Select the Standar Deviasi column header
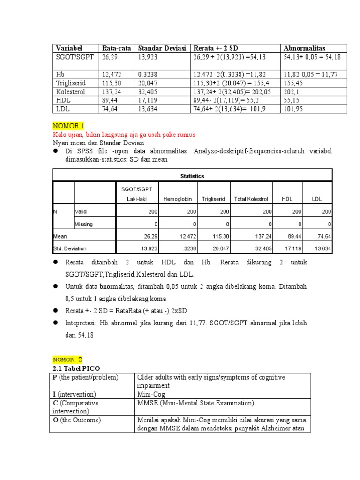click(161, 48)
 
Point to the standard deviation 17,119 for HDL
click(149, 100)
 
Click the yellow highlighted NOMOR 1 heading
click(68, 126)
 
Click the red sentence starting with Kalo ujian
click(124, 134)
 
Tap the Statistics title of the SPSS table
click(192, 176)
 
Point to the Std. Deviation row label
click(70, 248)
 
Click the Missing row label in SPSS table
click(84, 224)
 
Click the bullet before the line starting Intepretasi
click(55, 323)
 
